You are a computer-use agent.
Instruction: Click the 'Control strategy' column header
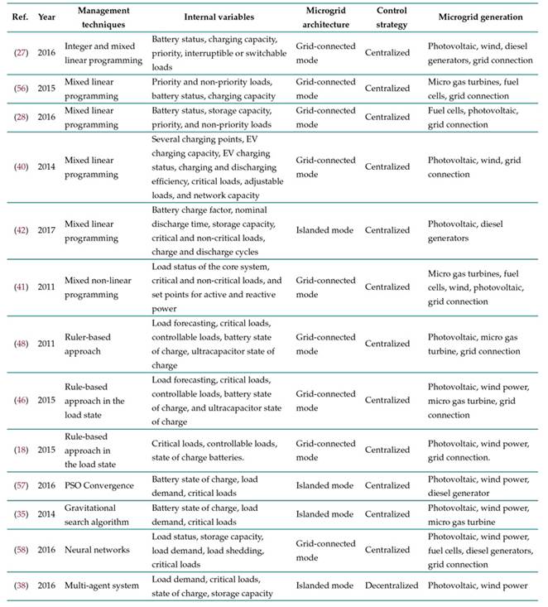[x=391, y=17]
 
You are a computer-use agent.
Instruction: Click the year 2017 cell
[x=47, y=231]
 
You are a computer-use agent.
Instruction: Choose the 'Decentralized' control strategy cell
[x=392, y=585]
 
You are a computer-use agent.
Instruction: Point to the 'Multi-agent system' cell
[x=103, y=585]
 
